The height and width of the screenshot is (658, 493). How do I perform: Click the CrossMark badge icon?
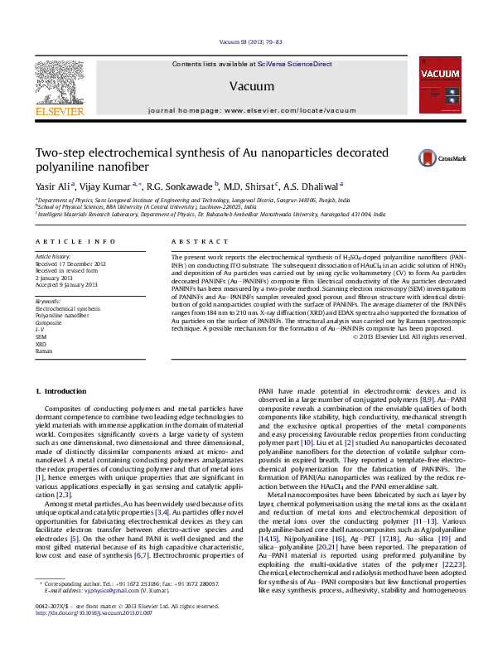[452, 157]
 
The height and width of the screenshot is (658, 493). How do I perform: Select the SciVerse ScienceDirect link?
[294, 64]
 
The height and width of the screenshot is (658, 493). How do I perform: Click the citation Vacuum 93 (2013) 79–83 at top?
[251, 41]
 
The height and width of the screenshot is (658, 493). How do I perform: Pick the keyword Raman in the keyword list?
[44, 351]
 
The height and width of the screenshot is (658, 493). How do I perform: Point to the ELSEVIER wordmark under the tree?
[58, 111]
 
